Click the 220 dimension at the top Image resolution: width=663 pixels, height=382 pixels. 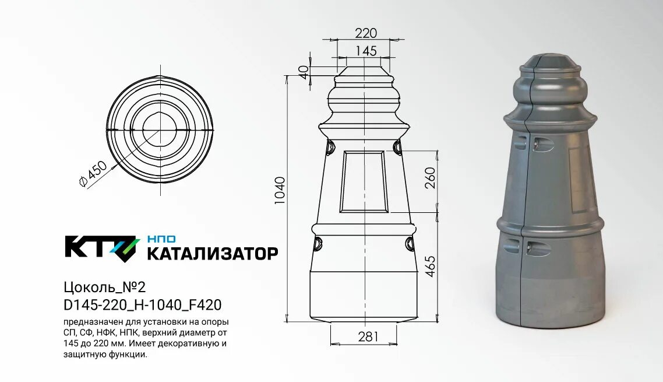[x=366, y=33]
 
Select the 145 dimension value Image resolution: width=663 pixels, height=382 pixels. [x=366, y=51]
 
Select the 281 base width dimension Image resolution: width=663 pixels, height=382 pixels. [x=368, y=337]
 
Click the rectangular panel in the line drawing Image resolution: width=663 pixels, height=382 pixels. [x=364, y=181]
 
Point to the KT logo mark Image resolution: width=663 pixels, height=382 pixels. [x=101, y=247]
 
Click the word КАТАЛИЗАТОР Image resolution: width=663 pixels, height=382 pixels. [x=212, y=254]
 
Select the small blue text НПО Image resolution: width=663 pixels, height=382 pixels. [x=161, y=239]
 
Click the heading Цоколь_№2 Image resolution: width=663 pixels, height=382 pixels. [x=104, y=287]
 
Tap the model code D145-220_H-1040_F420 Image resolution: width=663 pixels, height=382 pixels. [x=142, y=305]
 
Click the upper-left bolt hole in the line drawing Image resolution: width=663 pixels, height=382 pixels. [x=330, y=147]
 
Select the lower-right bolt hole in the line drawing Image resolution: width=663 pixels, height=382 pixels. [x=410, y=243]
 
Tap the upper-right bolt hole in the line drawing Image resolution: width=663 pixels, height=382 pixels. [x=398, y=147]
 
